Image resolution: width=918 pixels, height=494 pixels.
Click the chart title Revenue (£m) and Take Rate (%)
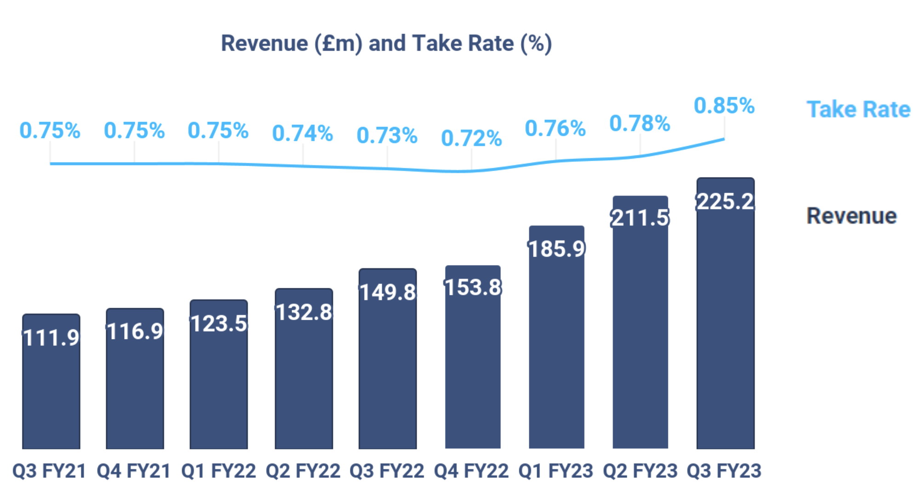386,44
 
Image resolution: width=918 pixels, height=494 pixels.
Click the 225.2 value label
725,201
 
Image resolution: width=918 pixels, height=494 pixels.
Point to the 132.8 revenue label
304,312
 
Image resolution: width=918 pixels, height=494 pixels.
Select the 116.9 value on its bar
135,331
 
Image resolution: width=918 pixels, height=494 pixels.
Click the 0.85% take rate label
724,106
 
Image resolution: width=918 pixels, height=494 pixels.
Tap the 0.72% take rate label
471,138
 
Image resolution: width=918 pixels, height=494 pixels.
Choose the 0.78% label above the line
640,123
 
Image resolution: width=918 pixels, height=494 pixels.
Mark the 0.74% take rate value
303,133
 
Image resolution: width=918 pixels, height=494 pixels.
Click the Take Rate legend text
858,109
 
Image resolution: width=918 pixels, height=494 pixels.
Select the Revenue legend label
851,216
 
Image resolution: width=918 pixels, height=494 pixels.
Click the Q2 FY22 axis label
303,471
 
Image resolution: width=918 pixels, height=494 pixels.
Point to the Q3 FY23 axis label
724,471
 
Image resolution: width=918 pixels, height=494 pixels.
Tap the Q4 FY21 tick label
134,471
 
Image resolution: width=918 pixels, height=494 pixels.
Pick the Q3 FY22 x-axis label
387,471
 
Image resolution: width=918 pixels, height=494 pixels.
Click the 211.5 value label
640,218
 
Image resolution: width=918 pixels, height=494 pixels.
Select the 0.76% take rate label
556,128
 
